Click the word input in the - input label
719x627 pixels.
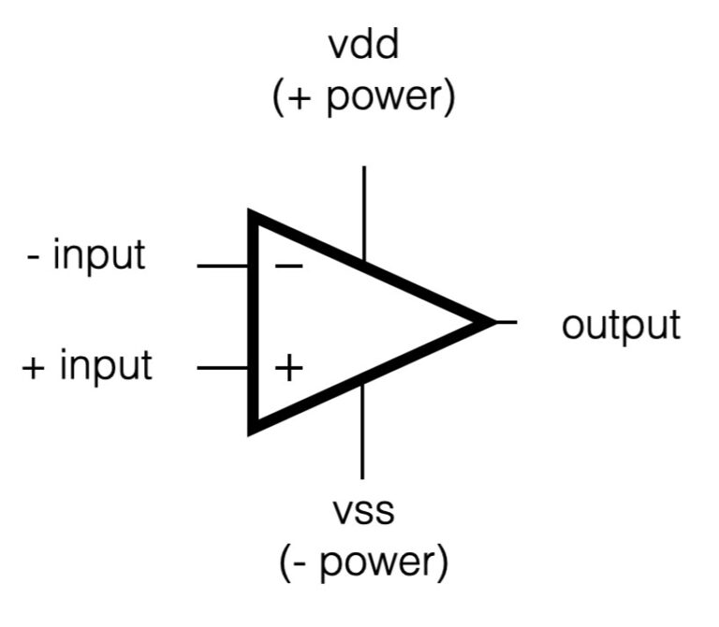pos(98,255)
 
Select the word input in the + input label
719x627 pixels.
pos(105,366)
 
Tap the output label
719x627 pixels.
pos(621,326)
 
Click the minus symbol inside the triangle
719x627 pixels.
pos(288,267)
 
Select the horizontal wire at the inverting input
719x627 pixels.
pos(223,267)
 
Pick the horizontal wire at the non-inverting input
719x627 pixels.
pos(223,368)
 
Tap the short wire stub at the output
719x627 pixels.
pos(506,322)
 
